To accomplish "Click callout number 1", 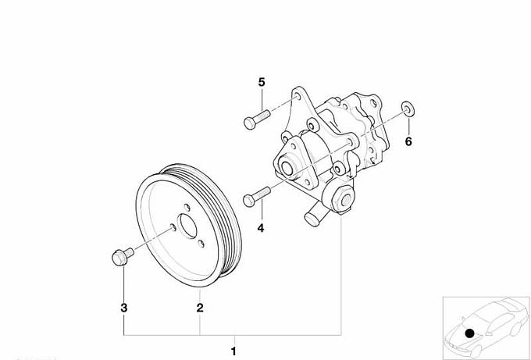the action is (233, 351).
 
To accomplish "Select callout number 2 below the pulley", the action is (200, 308).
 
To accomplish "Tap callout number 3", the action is (124, 308).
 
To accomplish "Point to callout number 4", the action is (260, 228).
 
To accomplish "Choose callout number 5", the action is (262, 82).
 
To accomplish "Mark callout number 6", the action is (408, 141).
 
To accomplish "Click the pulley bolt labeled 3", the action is (123, 256).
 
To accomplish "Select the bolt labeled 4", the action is (256, 197).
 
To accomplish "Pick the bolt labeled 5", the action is (257, 119).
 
